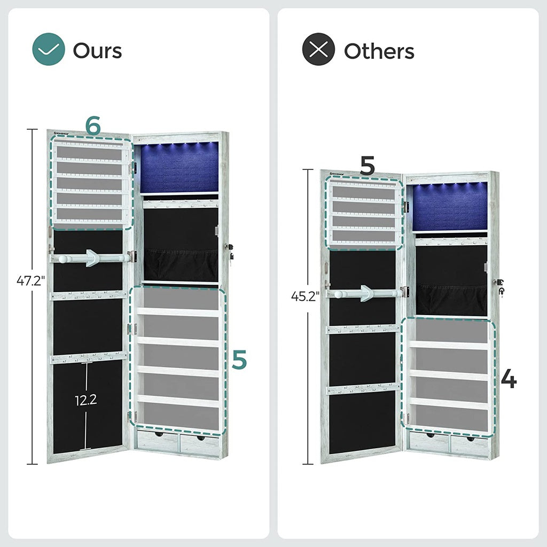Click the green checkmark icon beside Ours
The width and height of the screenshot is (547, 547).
point(49,50)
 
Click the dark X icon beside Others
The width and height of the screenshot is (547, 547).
point(318,50)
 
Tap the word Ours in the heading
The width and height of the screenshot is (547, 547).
point(97,51)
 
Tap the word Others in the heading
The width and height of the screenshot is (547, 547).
point(379,51)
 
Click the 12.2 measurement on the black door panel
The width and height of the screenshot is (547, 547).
point(85,400)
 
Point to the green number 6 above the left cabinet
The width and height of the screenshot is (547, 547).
point(93,127)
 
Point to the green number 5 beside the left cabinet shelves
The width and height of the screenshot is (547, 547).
point(239,360)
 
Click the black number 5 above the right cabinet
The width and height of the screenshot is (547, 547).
point(367,166)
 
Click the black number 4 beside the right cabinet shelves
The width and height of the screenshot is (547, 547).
point(509,380)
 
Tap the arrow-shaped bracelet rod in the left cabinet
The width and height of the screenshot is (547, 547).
point(91,258)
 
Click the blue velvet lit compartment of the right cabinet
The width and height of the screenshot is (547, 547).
point(450,207)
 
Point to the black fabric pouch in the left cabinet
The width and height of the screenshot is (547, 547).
point(181,263)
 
